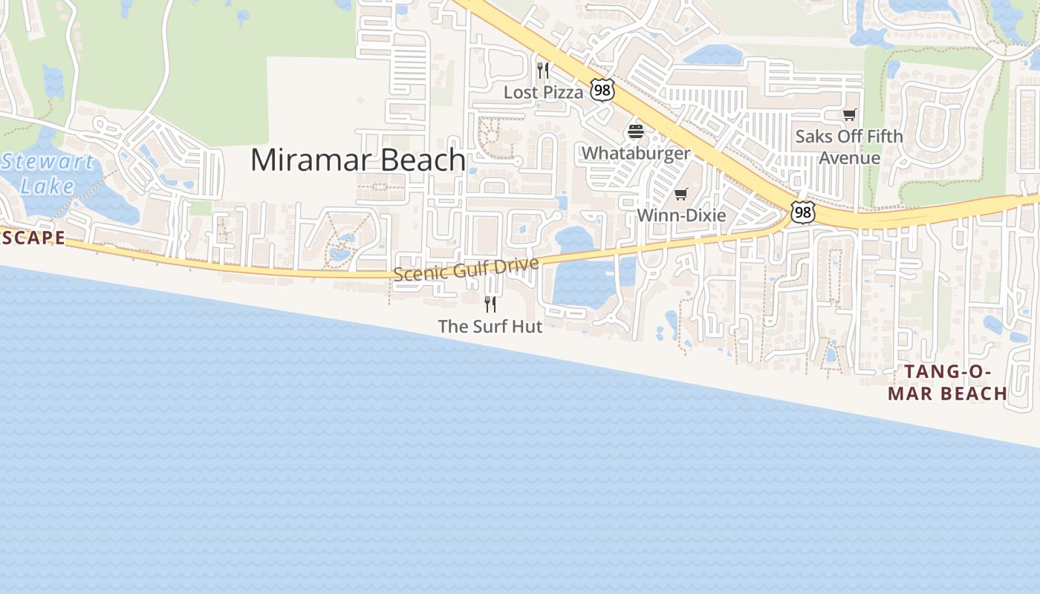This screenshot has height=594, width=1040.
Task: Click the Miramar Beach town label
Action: [x=357, y=160]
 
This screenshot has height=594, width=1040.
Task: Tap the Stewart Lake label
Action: [x=48, y=173]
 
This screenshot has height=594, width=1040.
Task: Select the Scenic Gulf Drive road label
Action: [x=466, y=269]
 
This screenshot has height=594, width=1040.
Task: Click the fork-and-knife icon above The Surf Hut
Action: [x=490, y=304]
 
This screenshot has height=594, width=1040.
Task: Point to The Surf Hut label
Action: [x=490, y=326]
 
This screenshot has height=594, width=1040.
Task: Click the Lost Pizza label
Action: [x=544, y=92]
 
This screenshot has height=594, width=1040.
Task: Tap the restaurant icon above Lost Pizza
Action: [x=543, y=71]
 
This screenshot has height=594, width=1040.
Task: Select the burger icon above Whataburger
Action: [x=636, y=132]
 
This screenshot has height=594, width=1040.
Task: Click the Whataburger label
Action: [x=636, y=153]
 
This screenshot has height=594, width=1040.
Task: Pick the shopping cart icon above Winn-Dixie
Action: [x=681, y=195]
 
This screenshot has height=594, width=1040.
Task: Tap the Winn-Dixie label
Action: [x=681, y=215]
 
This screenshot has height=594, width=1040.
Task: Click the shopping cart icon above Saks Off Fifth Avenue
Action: [x=849, y=115]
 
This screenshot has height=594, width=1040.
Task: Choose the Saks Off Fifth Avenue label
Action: [x=849, y=147]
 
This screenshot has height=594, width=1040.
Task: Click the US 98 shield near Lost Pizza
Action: [x=602, y=91]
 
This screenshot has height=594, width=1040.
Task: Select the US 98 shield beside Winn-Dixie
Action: [x=802, y=213]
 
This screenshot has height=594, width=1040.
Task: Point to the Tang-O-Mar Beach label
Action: [x=947, y=383]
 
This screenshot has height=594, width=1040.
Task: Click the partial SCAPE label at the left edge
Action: [x=33, y=238]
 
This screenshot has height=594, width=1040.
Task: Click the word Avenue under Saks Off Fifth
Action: [x=849, y=158]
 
